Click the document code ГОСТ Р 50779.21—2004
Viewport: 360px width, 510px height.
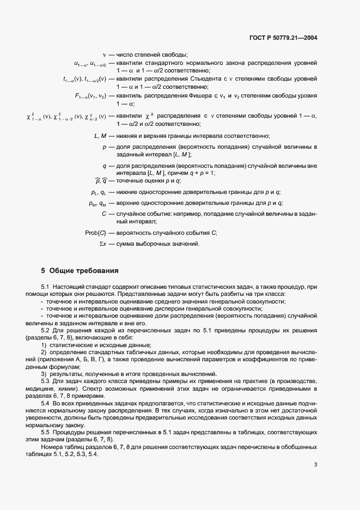click(280, 38)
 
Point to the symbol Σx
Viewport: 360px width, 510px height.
click(102, 244)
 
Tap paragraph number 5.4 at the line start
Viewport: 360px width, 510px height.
click(45, 402)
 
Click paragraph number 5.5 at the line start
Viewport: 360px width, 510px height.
click(45, 432)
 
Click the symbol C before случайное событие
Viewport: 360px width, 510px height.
click(103, 214)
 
